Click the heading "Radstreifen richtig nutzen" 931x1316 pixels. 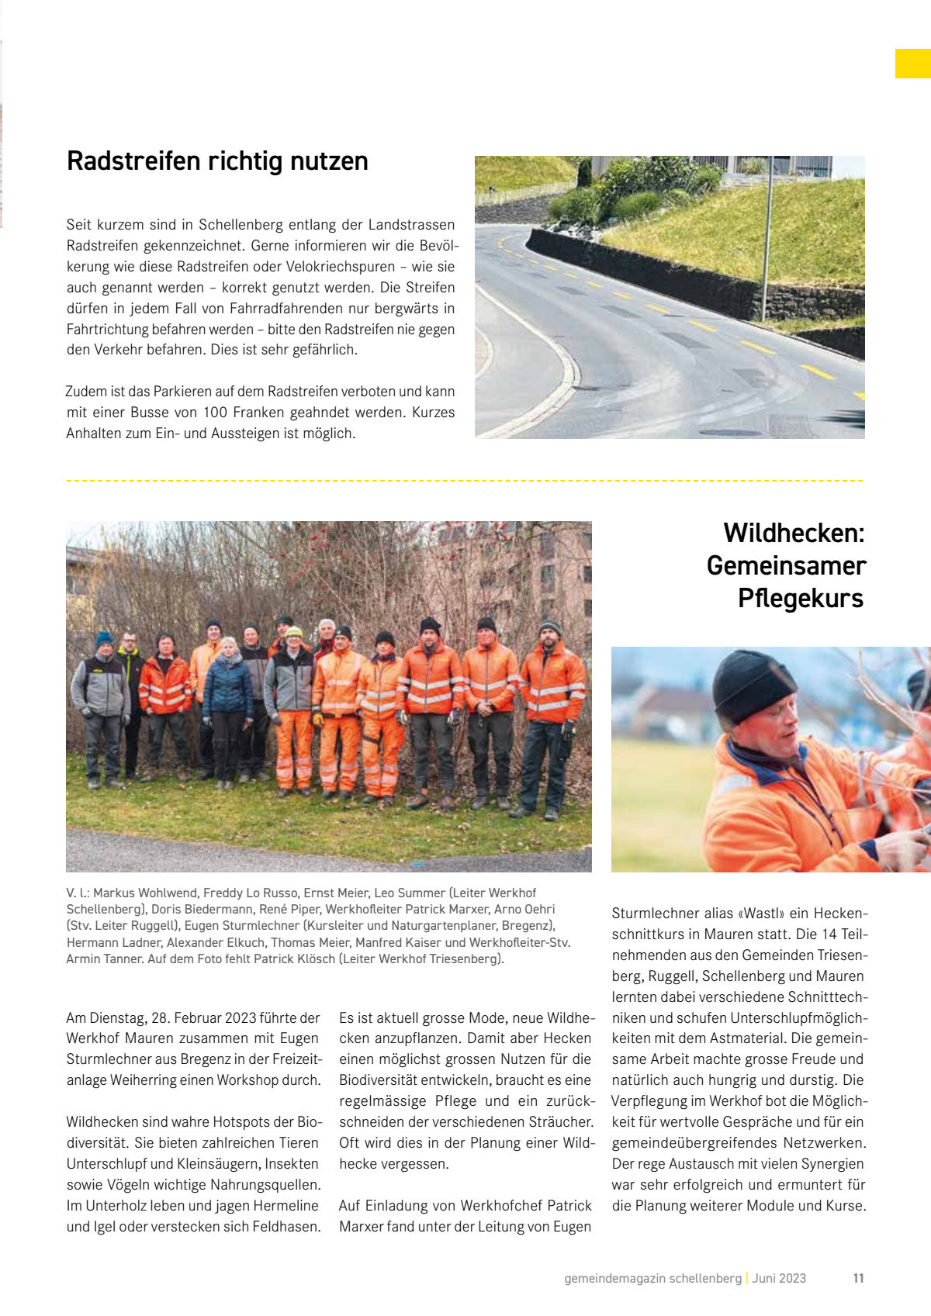click(x=217, y=161)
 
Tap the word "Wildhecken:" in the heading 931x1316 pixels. click(x=794, y=534)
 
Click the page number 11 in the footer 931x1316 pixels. click(x=858, y=1278)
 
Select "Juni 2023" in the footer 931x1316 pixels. click(x=779, y=1278)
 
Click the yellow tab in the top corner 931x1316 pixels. click(x=912, y=64)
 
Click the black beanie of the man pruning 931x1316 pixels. click(x=753, y=686)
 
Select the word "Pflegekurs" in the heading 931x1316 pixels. click(x=801, y=599)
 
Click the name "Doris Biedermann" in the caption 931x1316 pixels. click(x=202, y=909)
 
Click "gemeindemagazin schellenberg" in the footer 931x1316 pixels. click(x=652, y=1278)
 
